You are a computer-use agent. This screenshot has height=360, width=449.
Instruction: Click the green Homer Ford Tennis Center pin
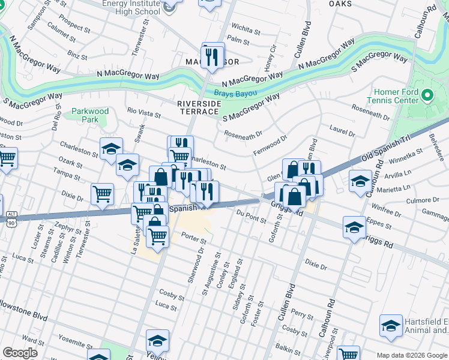click(x=427, y=95)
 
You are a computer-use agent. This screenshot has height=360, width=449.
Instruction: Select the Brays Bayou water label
click(x=235, y=94)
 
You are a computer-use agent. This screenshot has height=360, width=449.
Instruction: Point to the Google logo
click(x=20, y=353)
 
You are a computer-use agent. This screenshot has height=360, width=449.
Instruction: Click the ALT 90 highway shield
click(x=11, y=218)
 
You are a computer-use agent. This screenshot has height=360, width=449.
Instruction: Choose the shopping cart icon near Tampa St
click(x=103, y=193)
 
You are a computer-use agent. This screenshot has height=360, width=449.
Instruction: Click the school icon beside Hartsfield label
click(x=391, y=326)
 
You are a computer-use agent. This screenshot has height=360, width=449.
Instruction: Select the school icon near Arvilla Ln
click(x=360, y=181)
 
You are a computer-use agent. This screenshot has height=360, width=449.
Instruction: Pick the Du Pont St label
click(x=251, y=217)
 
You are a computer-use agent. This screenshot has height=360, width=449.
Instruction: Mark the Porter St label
click(x=193, y=239)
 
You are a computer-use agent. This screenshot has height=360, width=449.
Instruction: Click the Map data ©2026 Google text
click(x=412, y=355)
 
